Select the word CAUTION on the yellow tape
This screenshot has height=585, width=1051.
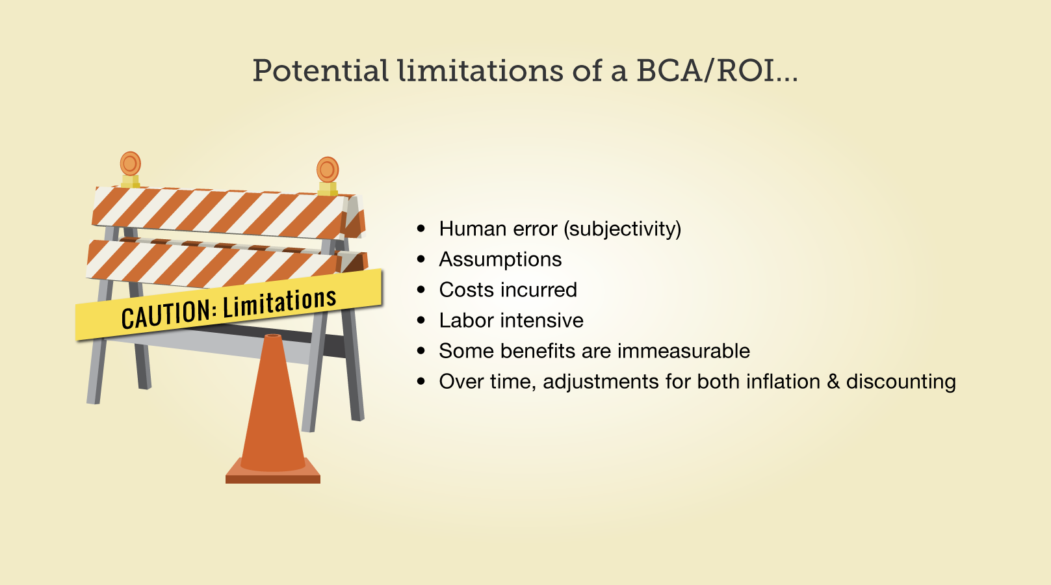click(166, 313)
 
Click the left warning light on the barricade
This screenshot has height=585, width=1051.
click(131, 170)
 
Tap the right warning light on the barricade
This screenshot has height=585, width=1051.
click(328, 175)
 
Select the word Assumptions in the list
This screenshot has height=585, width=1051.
click(500, 259)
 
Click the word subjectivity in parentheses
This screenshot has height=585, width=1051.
click(623, 229)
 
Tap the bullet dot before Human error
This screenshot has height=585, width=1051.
click(421, 229)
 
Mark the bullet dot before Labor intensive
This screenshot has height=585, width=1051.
click(421, 320)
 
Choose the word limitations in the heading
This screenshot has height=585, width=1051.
click(480, 71)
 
